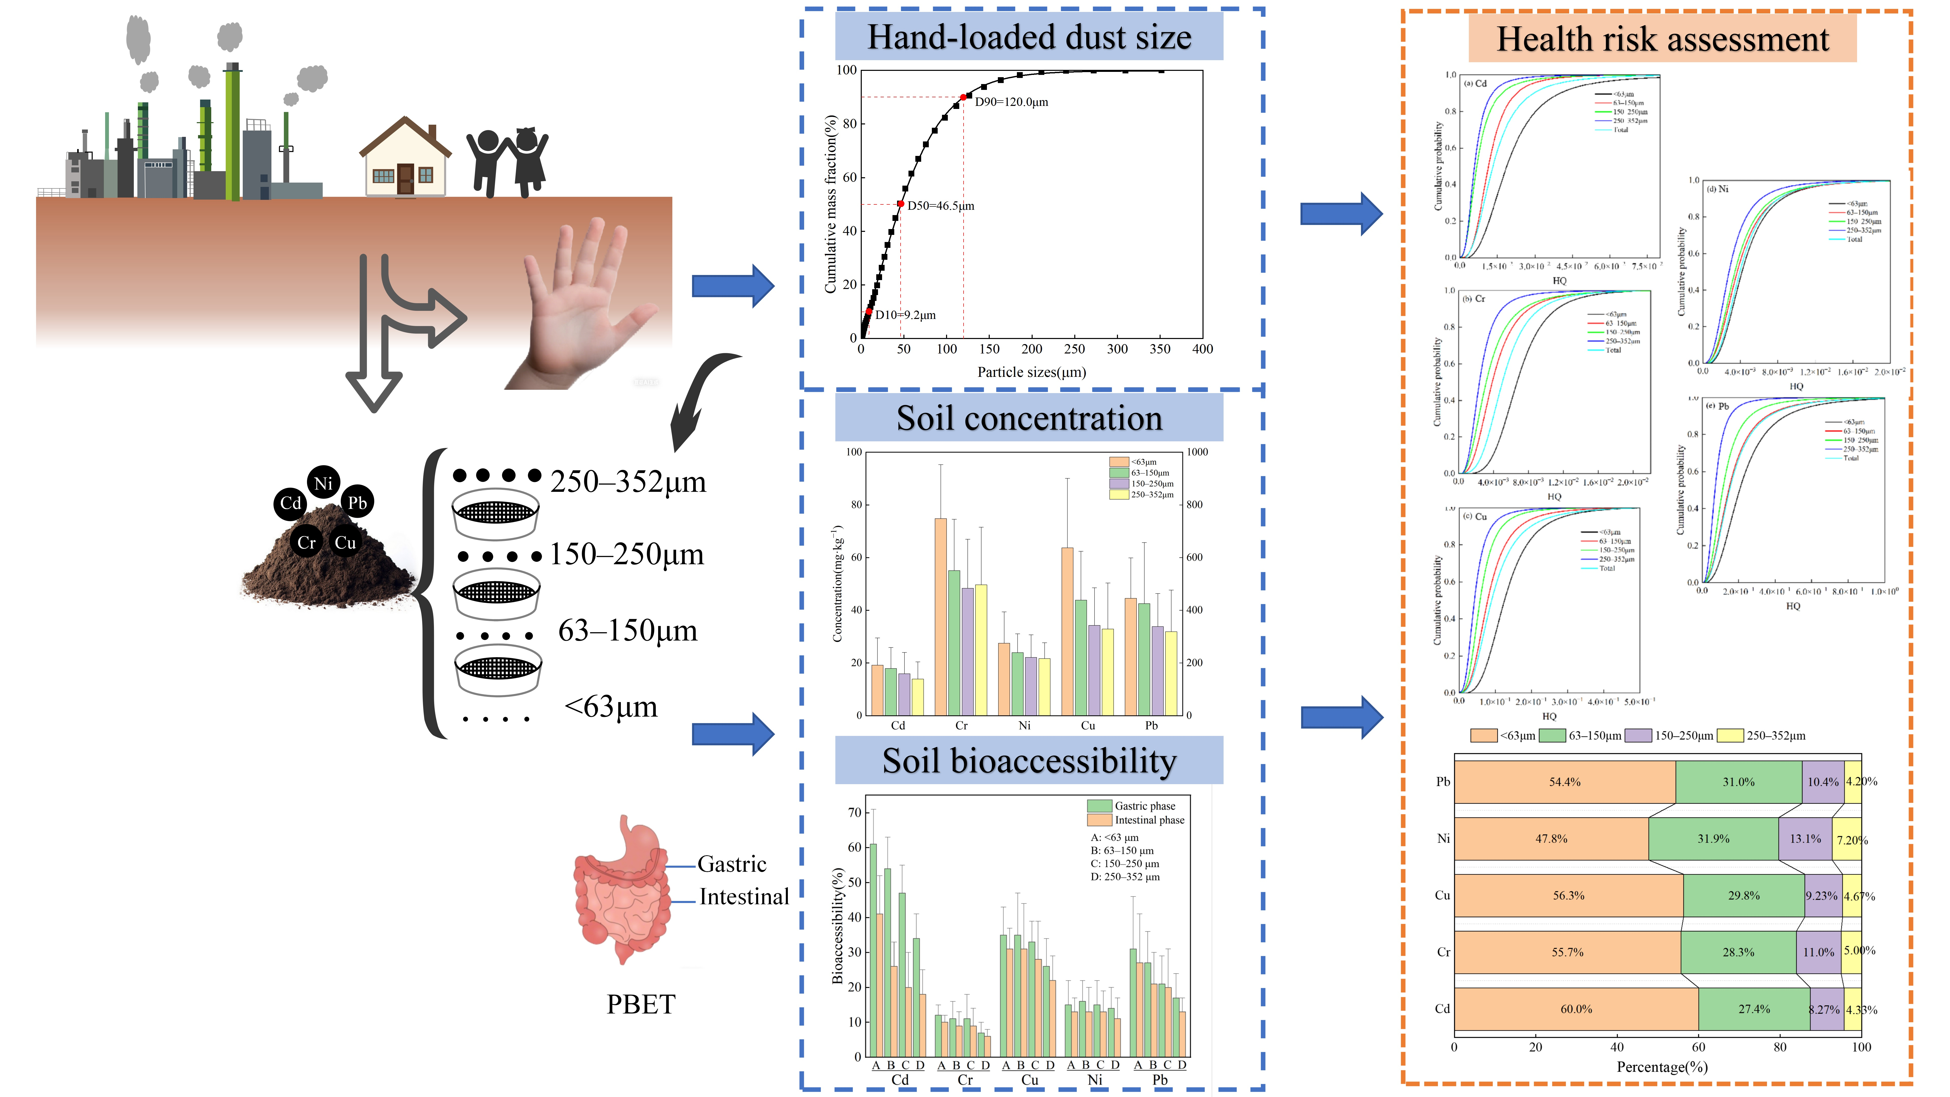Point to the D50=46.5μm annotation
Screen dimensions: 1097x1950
[941, 206]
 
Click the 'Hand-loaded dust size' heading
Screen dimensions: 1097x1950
[1029, 37]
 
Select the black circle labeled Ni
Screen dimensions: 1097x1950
[323, 482]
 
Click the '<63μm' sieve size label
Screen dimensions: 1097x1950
[611, 707]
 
